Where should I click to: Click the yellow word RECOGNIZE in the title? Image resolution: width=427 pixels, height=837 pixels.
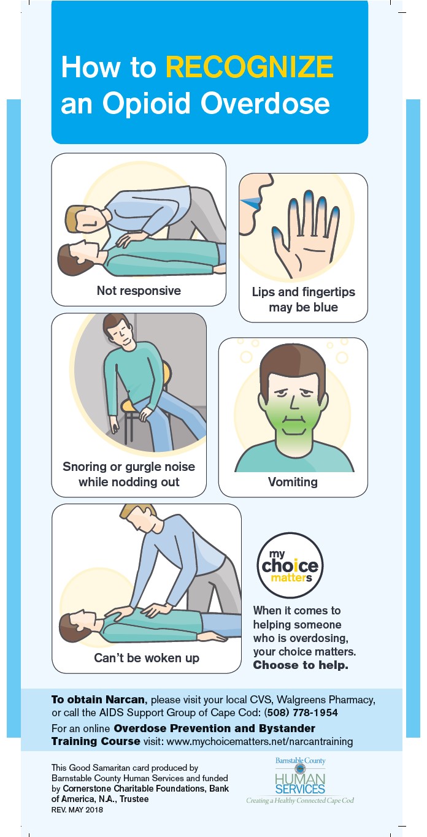click(250, 67)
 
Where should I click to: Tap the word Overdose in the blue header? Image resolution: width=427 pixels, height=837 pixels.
click(265, 103)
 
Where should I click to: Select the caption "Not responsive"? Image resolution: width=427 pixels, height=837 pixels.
click(139, 290)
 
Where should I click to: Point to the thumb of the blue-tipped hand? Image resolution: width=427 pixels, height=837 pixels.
click(280, 240)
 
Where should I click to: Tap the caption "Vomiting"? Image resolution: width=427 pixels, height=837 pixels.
click(293, 481)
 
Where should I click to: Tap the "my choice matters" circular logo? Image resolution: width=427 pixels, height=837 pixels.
click(290, 565)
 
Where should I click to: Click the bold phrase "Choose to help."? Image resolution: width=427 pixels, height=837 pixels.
click(301, 665)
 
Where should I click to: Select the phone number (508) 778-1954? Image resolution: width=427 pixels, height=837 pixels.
click(301, 712)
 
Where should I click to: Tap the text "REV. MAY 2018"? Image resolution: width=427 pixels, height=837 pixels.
click(77, 810)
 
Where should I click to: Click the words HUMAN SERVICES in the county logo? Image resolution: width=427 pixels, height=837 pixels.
click(300, 784)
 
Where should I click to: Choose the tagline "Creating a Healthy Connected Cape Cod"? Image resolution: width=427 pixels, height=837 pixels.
click(300, 800)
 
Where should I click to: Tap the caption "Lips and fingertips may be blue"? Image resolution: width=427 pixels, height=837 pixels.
click(303, 299)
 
